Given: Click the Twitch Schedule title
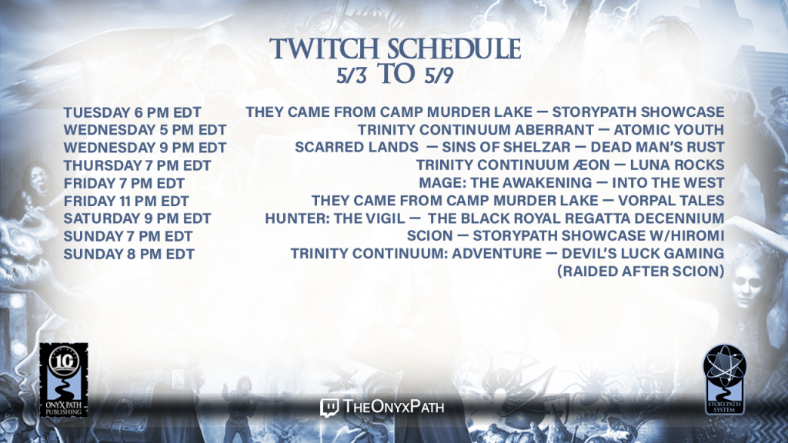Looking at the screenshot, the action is [x=395, y=48].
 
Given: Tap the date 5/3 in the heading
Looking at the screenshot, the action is [x=351, y=75].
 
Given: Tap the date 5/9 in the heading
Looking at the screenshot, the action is [x=439, y=75].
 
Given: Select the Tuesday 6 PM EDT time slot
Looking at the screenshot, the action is [x=132, y=112].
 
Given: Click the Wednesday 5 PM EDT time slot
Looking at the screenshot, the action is [x=145, y=129].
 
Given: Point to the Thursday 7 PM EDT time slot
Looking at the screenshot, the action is [x=137, y=165].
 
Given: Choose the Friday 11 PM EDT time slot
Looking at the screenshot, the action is [x=126, y=201].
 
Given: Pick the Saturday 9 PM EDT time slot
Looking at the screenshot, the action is [x=137, y=218].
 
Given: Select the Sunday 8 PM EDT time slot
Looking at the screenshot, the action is [x=129, y=254].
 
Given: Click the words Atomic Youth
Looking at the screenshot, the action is [x=669, y=129].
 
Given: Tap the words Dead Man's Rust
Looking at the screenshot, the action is [x=657, y=147].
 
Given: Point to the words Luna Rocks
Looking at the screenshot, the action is [x=677, y=165].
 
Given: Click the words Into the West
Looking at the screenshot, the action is [x=668, y=182].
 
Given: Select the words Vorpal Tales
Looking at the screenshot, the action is [x=671, y=201].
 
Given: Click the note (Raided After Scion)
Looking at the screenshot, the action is [x=641, y=271].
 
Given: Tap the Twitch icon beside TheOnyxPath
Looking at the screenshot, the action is [x=329, y=408].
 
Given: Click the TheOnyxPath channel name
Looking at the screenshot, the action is [x=393, y=406].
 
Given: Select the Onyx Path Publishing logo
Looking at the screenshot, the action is [x=64, y=380].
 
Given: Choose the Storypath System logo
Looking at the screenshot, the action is [x=724, y=379].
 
